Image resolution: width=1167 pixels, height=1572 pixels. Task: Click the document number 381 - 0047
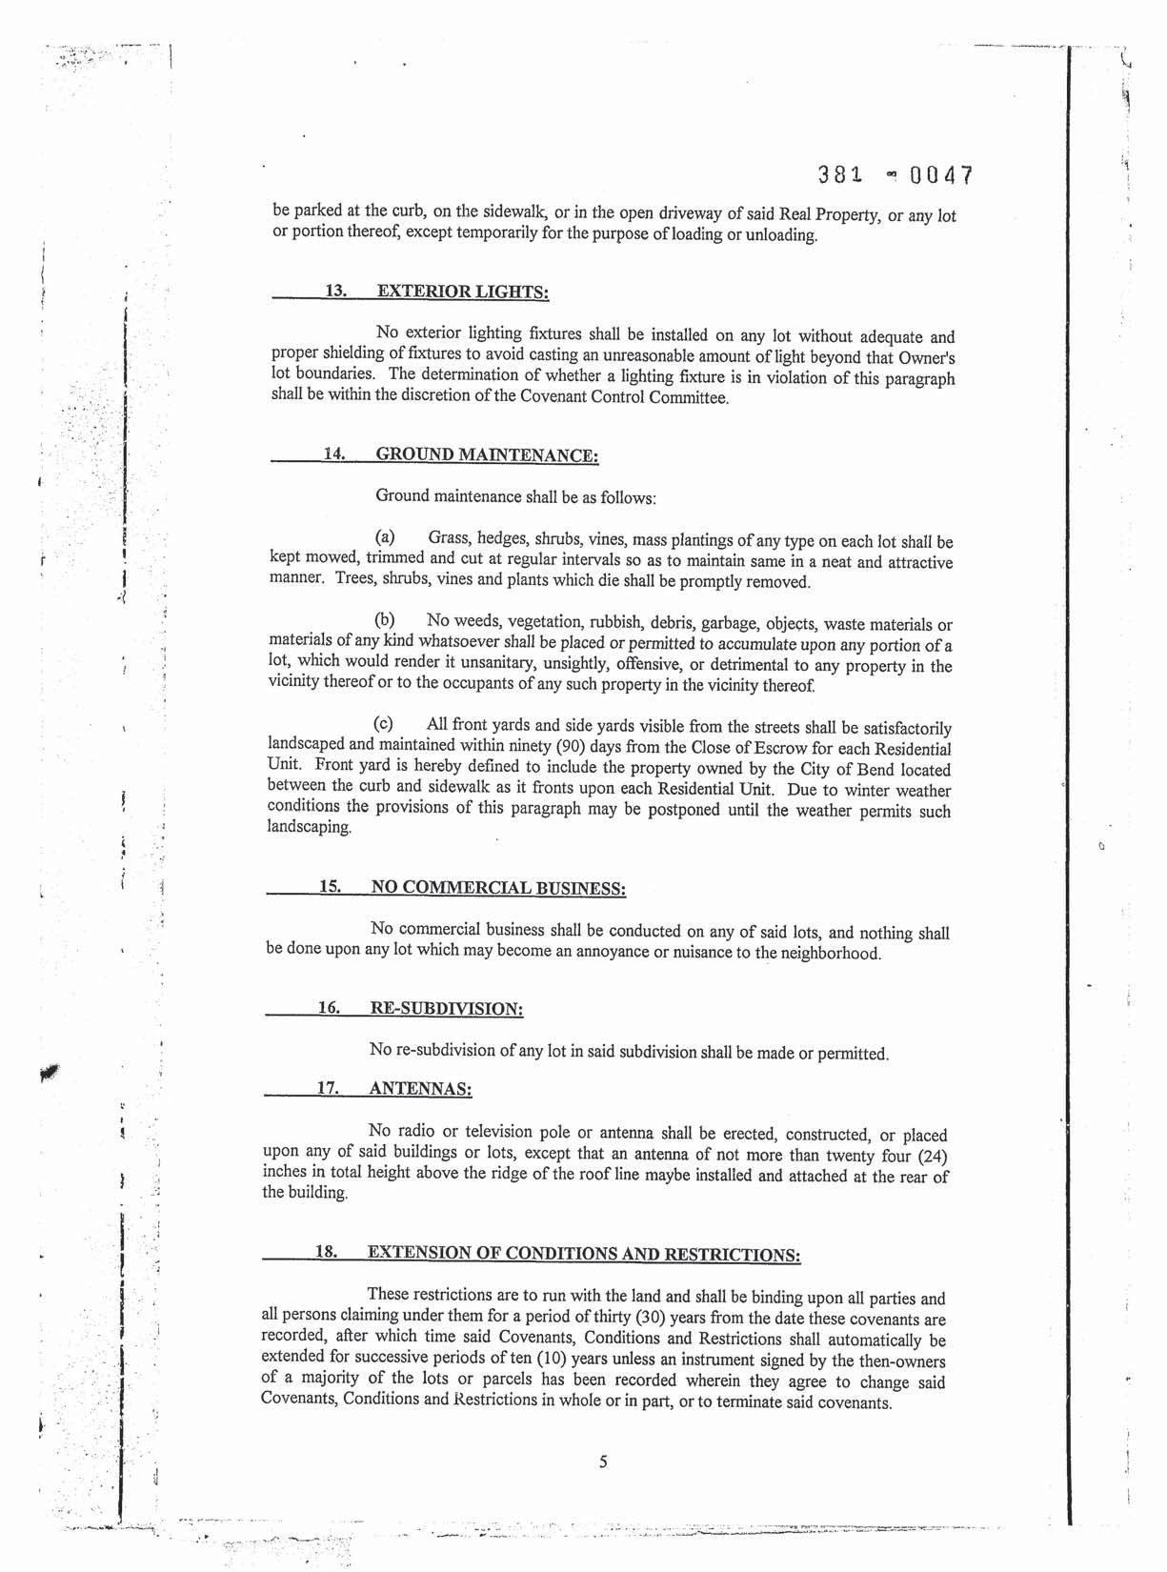(x=895, y=176)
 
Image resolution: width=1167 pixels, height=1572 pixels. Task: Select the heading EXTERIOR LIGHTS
(x=463, y=292)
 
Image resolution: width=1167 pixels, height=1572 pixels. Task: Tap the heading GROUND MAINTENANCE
(x=487, y=454)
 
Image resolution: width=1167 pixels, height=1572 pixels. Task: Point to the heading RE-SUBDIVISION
(x=446, y=1008)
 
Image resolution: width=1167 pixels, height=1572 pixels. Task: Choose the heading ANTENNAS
(x=420, y=1088)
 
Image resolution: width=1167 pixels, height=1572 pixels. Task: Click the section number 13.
(x=335, y=291)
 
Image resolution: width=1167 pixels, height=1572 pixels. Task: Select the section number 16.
(x=329, y=1007)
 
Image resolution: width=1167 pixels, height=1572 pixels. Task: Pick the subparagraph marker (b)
(x=385, y=622)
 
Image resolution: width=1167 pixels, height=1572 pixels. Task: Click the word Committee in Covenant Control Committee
(x=688, y=397)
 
